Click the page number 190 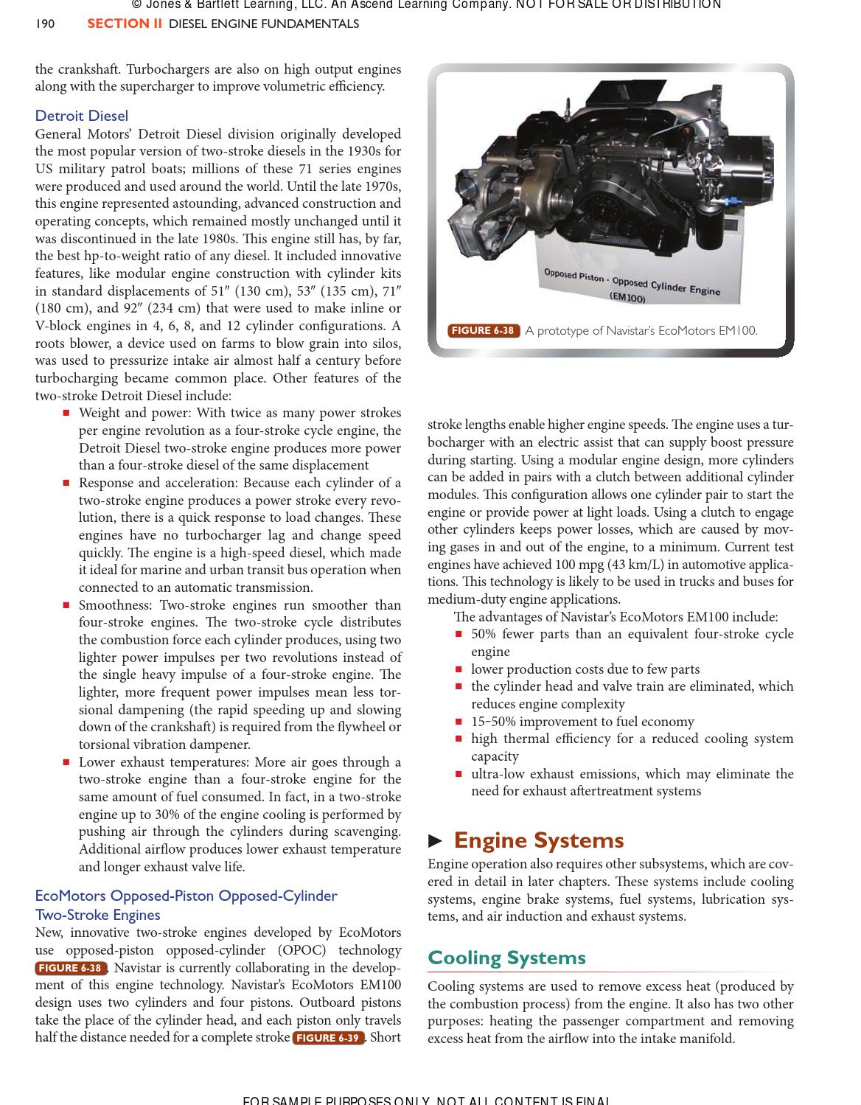[x=45, y=24]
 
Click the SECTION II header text [x=125, y=24]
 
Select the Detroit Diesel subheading [x=81, y=116]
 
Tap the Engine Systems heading [x=538, y=840]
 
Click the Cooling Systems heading [x=506, y=958]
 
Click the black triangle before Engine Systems [x=436, y=841]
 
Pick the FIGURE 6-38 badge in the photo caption [x=483, y=331]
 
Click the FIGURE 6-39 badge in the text [x=328, y=1038]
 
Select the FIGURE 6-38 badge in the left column [x=70, y=968]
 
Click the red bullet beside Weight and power [x=66, y=414]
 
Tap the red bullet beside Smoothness [x=66, y=605]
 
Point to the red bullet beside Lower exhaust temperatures [x=66, y=763]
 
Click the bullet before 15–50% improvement [x=459, y=722]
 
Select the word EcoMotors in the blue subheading [x=70, y=896]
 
